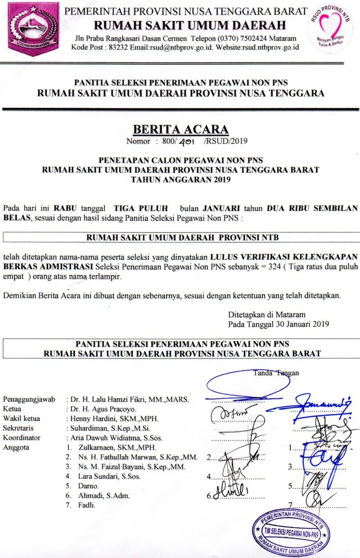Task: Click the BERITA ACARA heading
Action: [180, 129]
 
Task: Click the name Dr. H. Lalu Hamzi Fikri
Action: [109, 399]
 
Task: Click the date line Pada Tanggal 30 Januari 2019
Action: [276, 324]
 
